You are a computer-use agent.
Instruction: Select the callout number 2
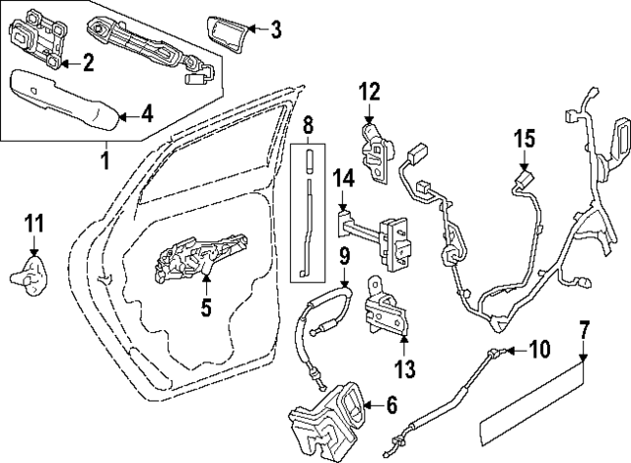pos(87,64)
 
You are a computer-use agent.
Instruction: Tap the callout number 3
pos(275,31)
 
